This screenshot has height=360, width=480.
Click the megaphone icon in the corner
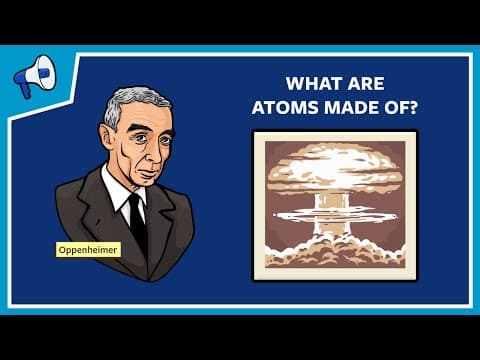32,74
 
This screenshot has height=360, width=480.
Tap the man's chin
144,184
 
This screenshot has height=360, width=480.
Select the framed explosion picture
334,205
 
